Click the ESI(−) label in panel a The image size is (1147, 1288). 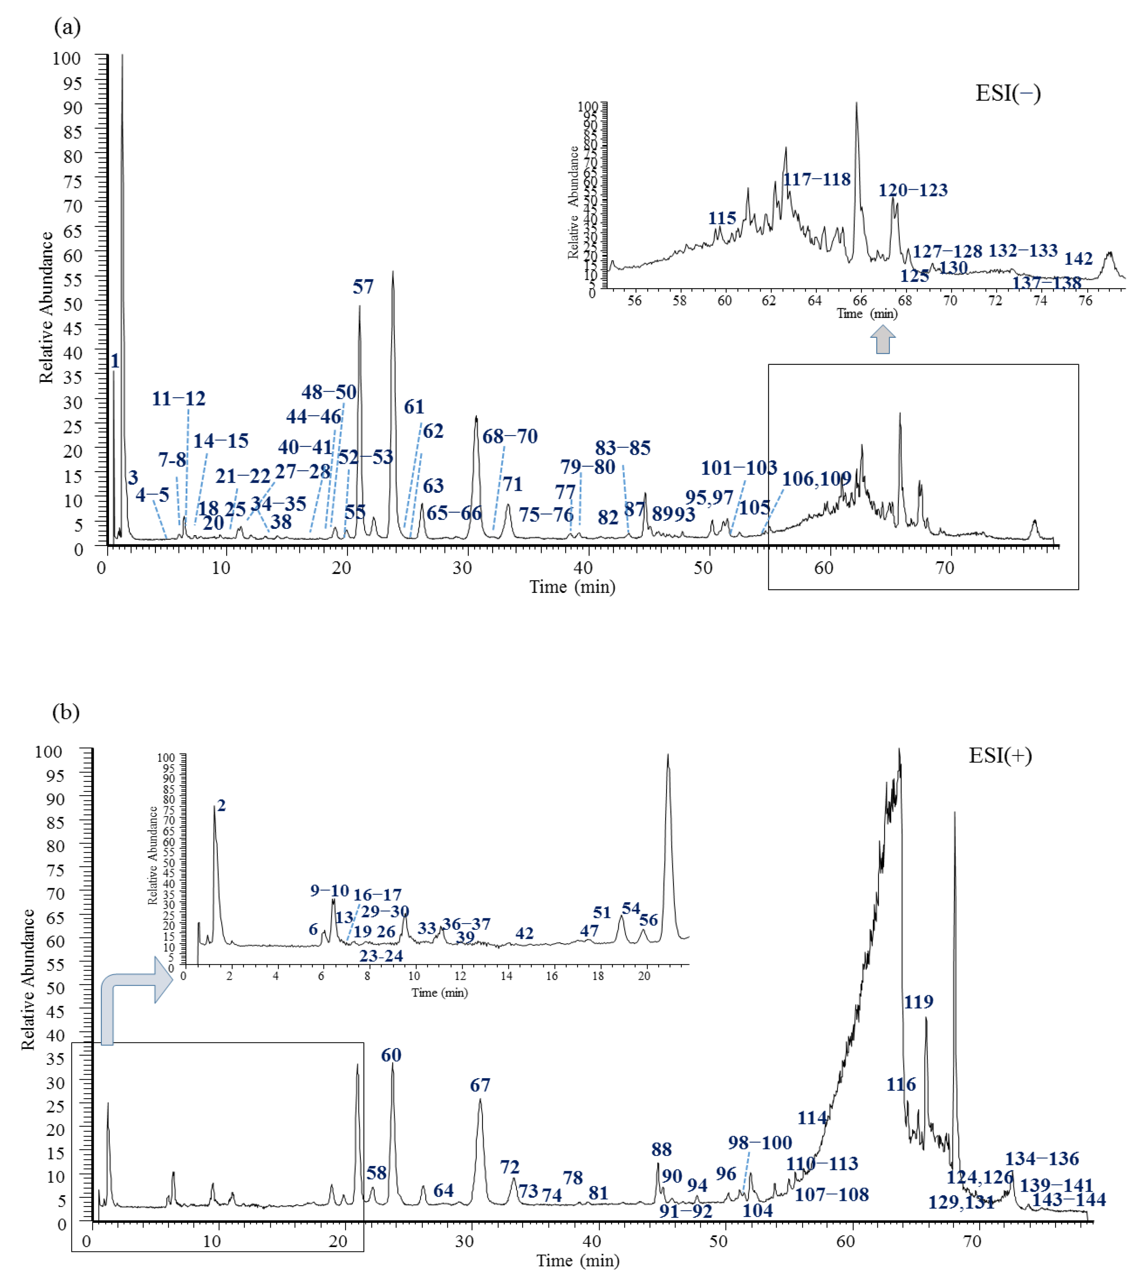tap(1008, 93)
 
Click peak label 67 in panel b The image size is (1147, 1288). tap(480, 1085)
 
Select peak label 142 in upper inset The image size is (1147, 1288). tap(1078, 258)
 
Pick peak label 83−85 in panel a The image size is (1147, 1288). tap(623, 448)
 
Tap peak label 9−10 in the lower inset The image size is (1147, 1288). tap(330, 890)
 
